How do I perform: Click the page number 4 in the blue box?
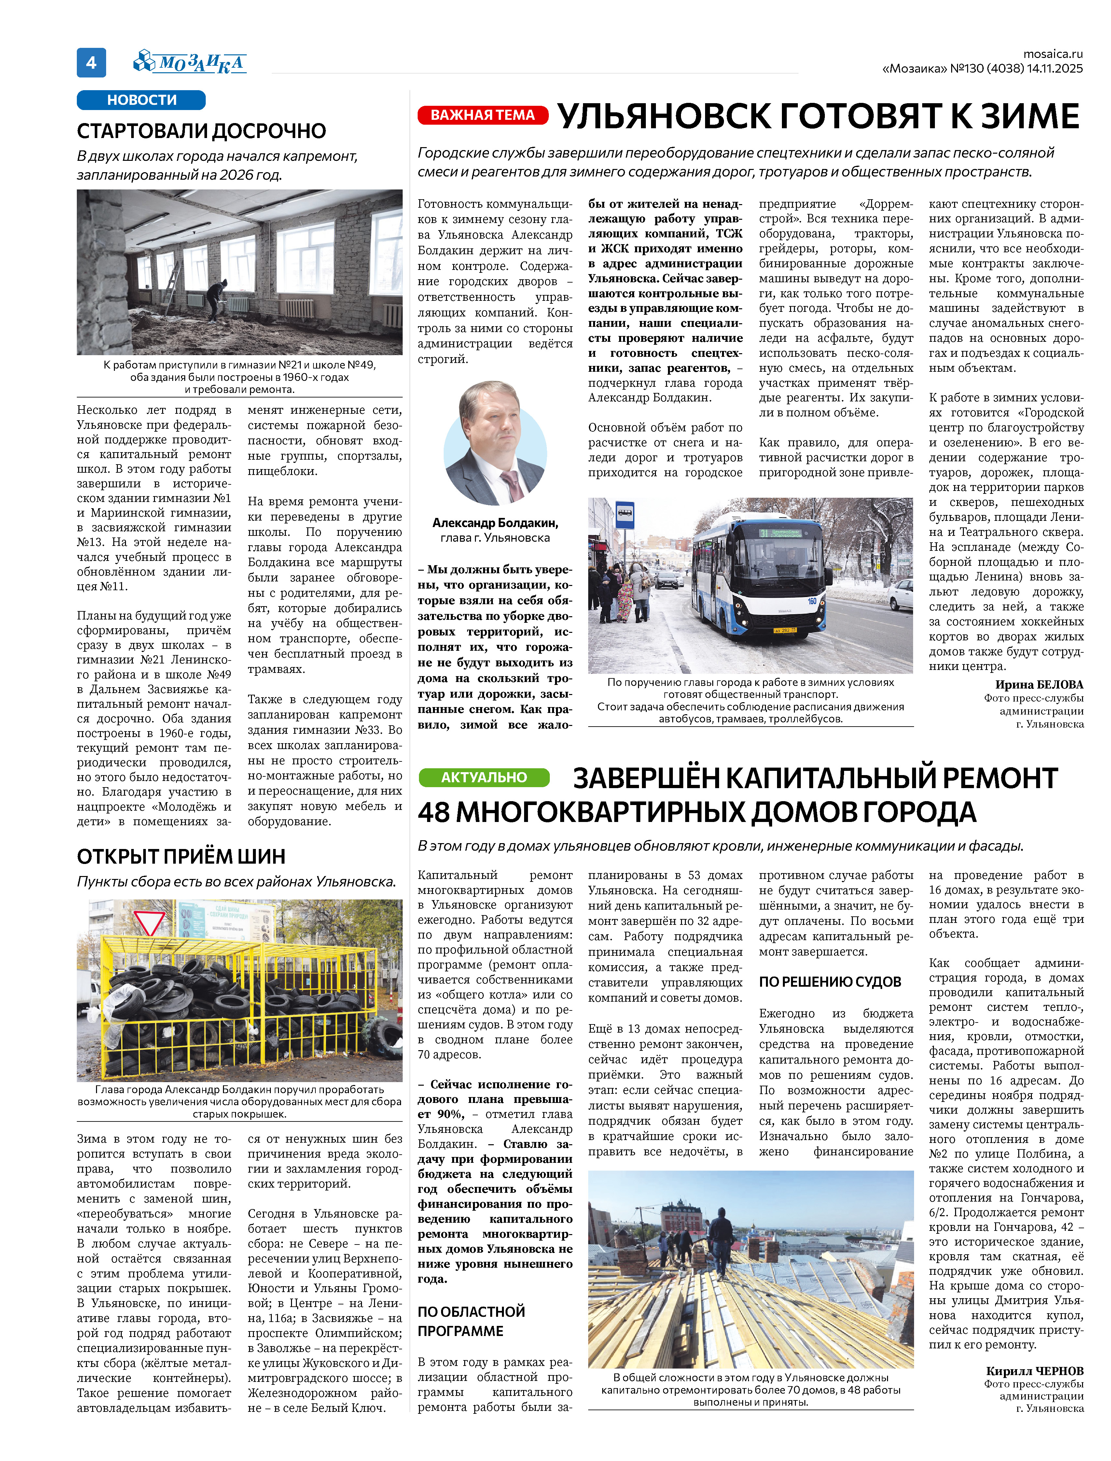click(91, 63)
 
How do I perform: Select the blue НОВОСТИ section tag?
click(142, 100)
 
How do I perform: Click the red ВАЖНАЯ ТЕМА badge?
click(483, 115)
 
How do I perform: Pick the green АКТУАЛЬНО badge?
click(484, 777)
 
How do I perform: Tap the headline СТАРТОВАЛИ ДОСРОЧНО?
click(202, 131)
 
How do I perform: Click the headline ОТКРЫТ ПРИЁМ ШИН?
click(181, 856)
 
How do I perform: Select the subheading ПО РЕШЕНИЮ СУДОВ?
click(830, 981)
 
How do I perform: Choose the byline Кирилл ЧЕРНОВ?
click(1034, 1371)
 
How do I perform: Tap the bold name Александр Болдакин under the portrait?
click(495, 522)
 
